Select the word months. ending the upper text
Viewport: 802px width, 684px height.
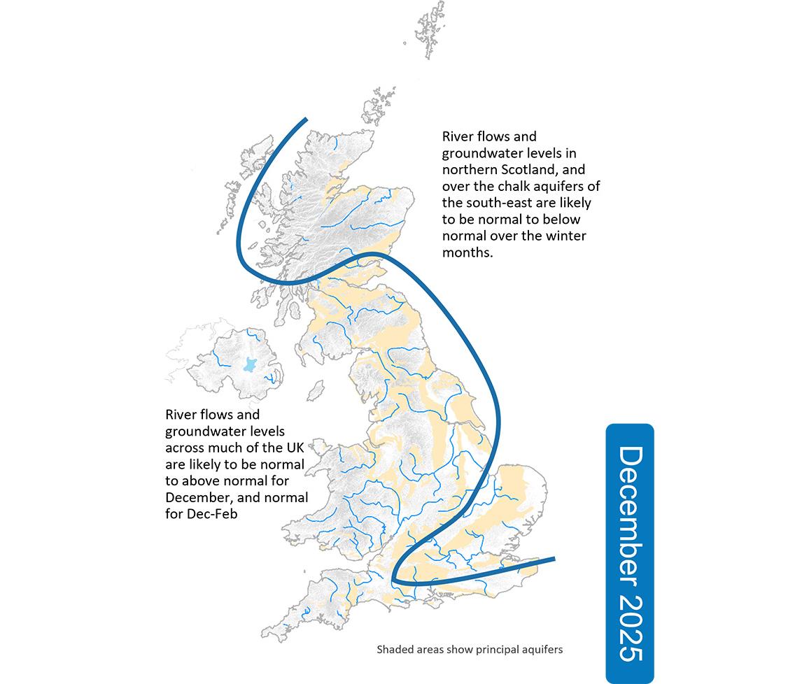pyautogui.click(x=468, y=253)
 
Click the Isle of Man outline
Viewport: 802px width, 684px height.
pyautogui.click(x=316, y=389)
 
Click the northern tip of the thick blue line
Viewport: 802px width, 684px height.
pyautogui.click(x=305, y=120)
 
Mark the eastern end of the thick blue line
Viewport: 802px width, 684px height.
pyautogui.click(x=554, y=559)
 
